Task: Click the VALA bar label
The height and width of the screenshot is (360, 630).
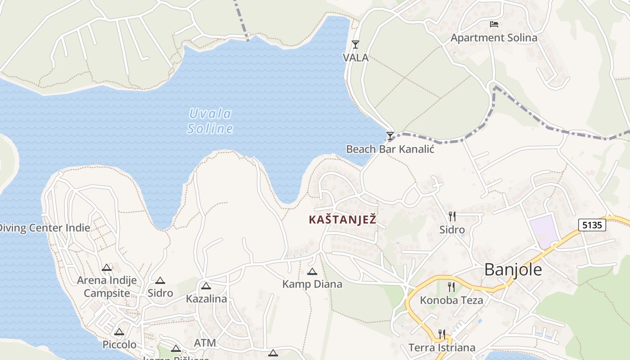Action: pyautogui.click(x=355, y=58)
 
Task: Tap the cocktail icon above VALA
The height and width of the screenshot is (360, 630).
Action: pyautogui.click(x=355, y=44)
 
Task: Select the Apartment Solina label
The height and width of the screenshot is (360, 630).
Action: pyautogui.click(x=494, y=38)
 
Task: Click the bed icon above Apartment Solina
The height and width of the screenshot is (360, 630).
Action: pyautogui.click(x=494, y=24)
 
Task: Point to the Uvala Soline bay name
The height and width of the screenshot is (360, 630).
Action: pyautogui.click(x=210, y=121)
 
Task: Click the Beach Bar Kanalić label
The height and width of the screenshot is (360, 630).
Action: pyautogui.click(x=390, y=149)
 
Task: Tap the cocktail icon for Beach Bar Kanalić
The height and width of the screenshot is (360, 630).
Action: pyautogui.click(x=390, y=135)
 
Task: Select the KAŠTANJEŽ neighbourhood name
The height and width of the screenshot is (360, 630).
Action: pyautogui.click(x=342, y=220)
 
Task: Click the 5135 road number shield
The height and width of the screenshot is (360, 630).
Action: pyautogui.click(x=592, y=225)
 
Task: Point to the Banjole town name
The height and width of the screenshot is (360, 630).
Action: pyautogui.click(x=513, y=270)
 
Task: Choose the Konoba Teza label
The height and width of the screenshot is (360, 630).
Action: pyautogui.click(x=451, y=300)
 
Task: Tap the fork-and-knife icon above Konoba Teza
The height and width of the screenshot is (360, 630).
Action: pyautogui.click(x=451, y=287)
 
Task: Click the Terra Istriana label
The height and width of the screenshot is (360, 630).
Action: pyautogui.click(x=442, y=348)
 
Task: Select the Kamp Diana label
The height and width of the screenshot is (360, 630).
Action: pyautogui.click(x=312, y=284)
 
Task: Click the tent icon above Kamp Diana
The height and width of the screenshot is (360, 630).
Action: pyautogui.click(x=312, y=271)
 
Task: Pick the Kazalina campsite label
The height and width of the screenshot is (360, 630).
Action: pyautogui.click(x=207, y=299)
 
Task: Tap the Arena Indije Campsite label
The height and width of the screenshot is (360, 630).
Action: pyautogui.click(x=107, y=287)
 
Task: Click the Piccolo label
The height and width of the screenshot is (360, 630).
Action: pyautogui.click(x=119, y=345)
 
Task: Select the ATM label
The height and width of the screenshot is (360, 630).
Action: pyautogui.click(x=205, y=343)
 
